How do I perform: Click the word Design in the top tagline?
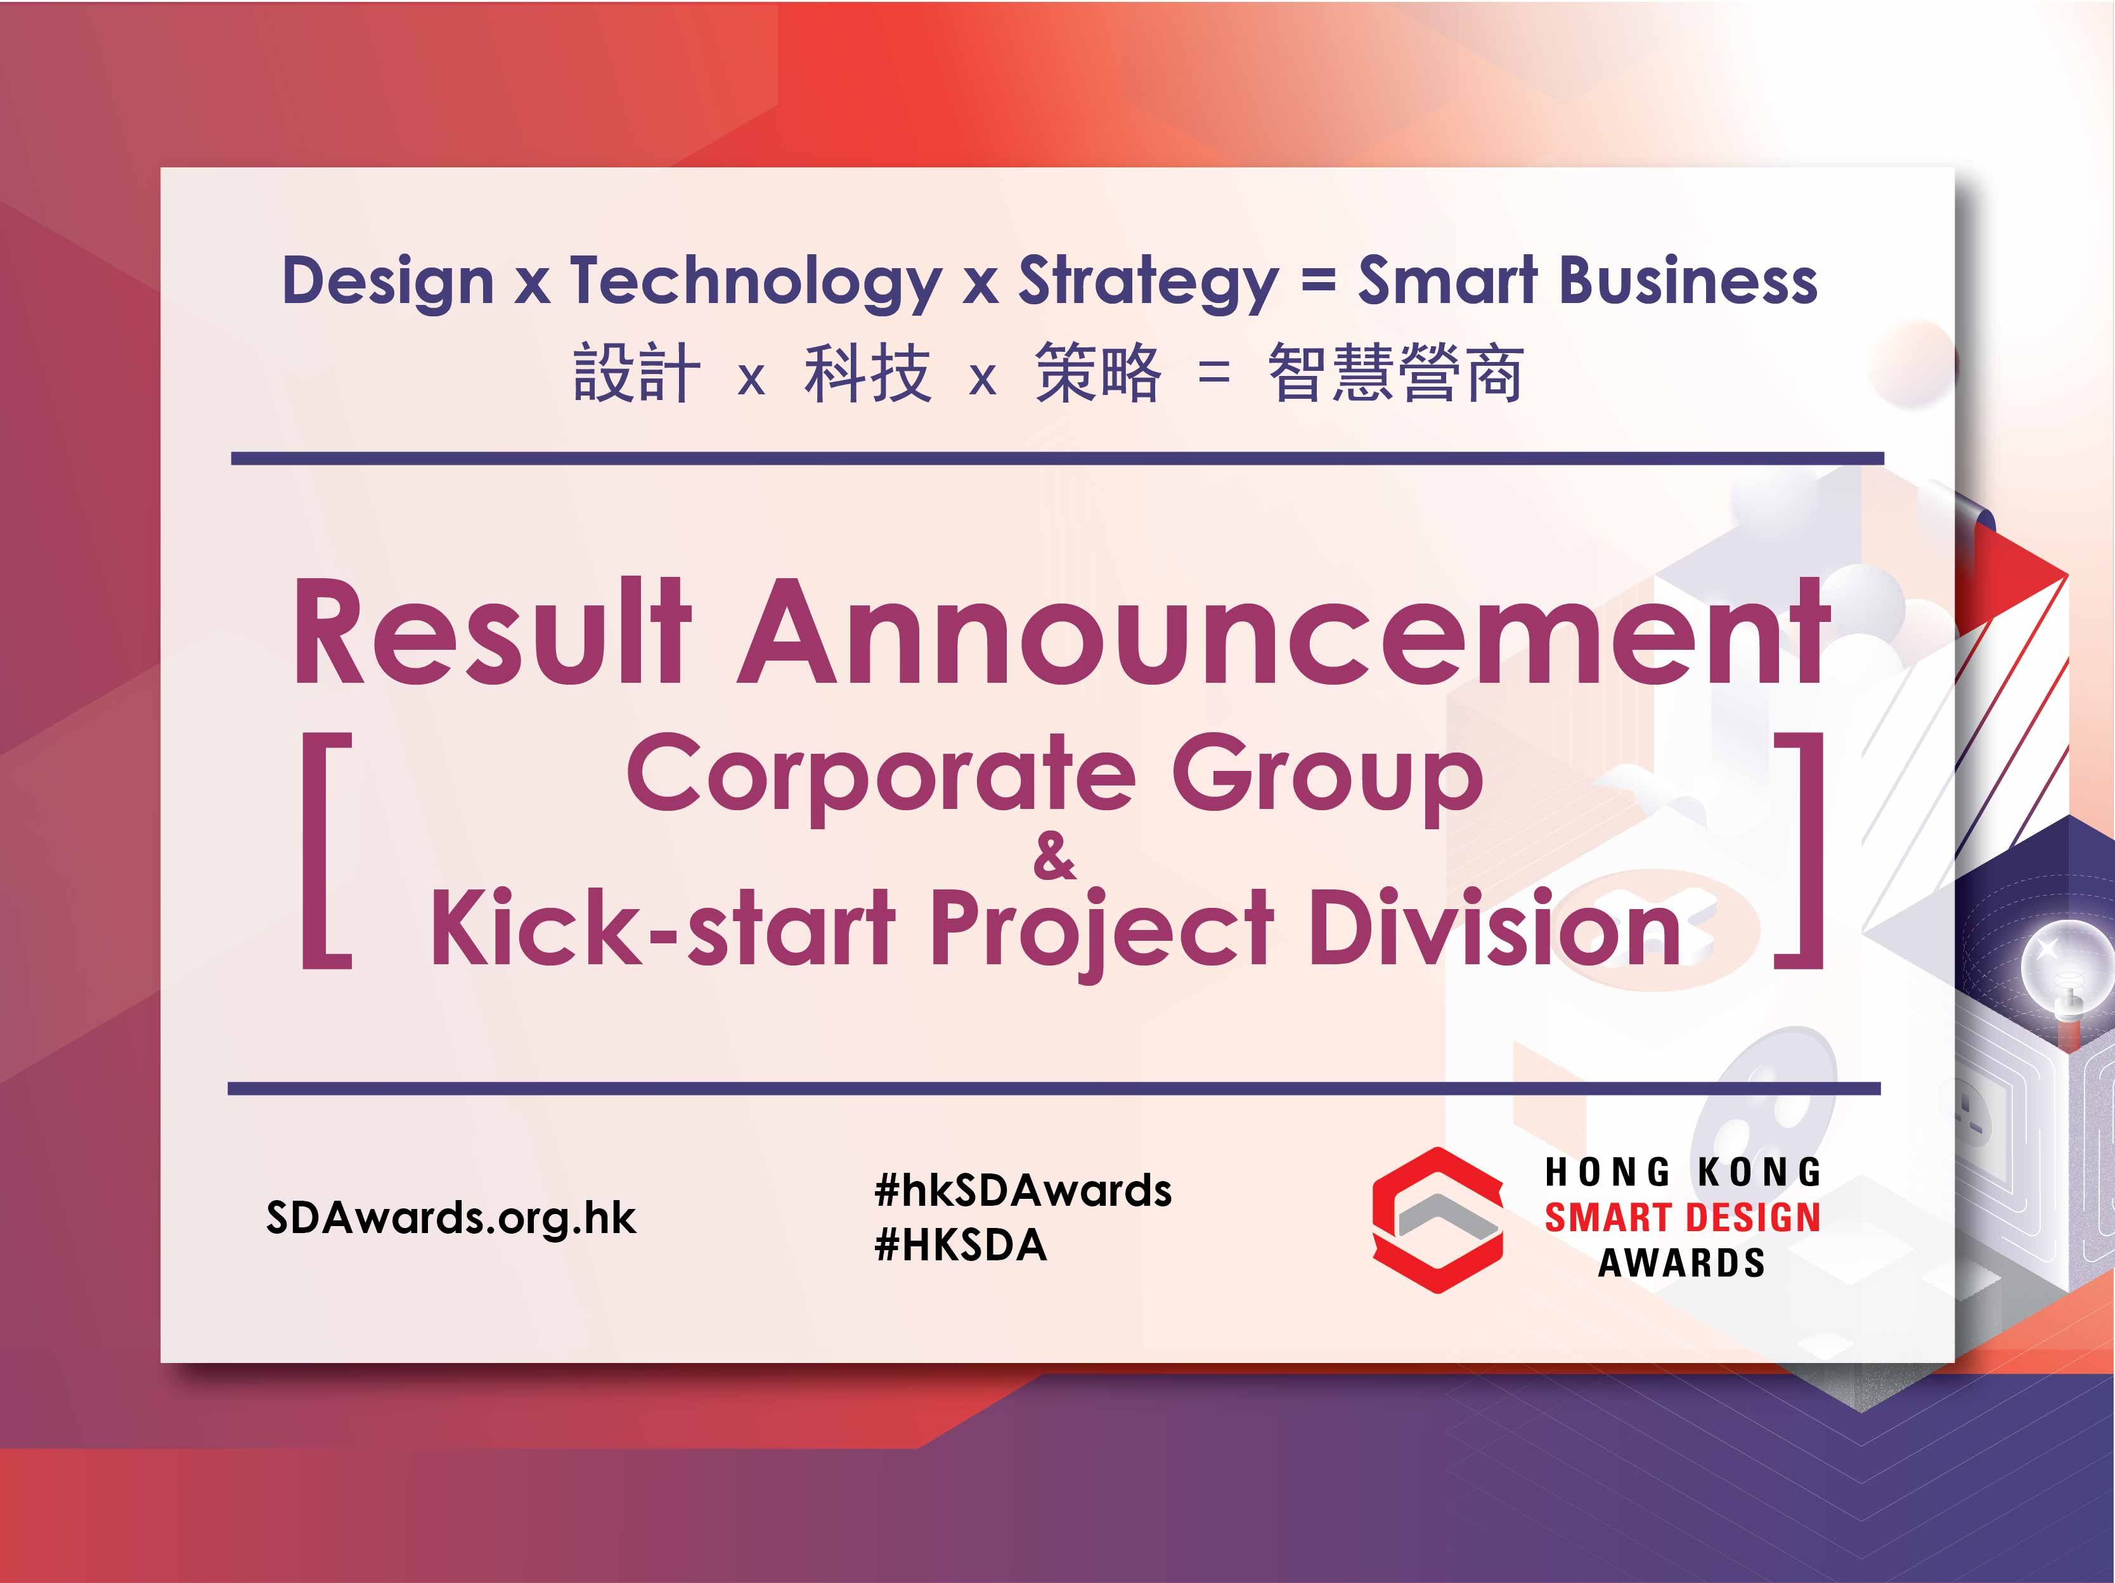click(x=387, y=283)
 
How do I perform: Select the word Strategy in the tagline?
click(x=1148, y=283)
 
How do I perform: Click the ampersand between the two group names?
click(x=1054, y=856)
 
